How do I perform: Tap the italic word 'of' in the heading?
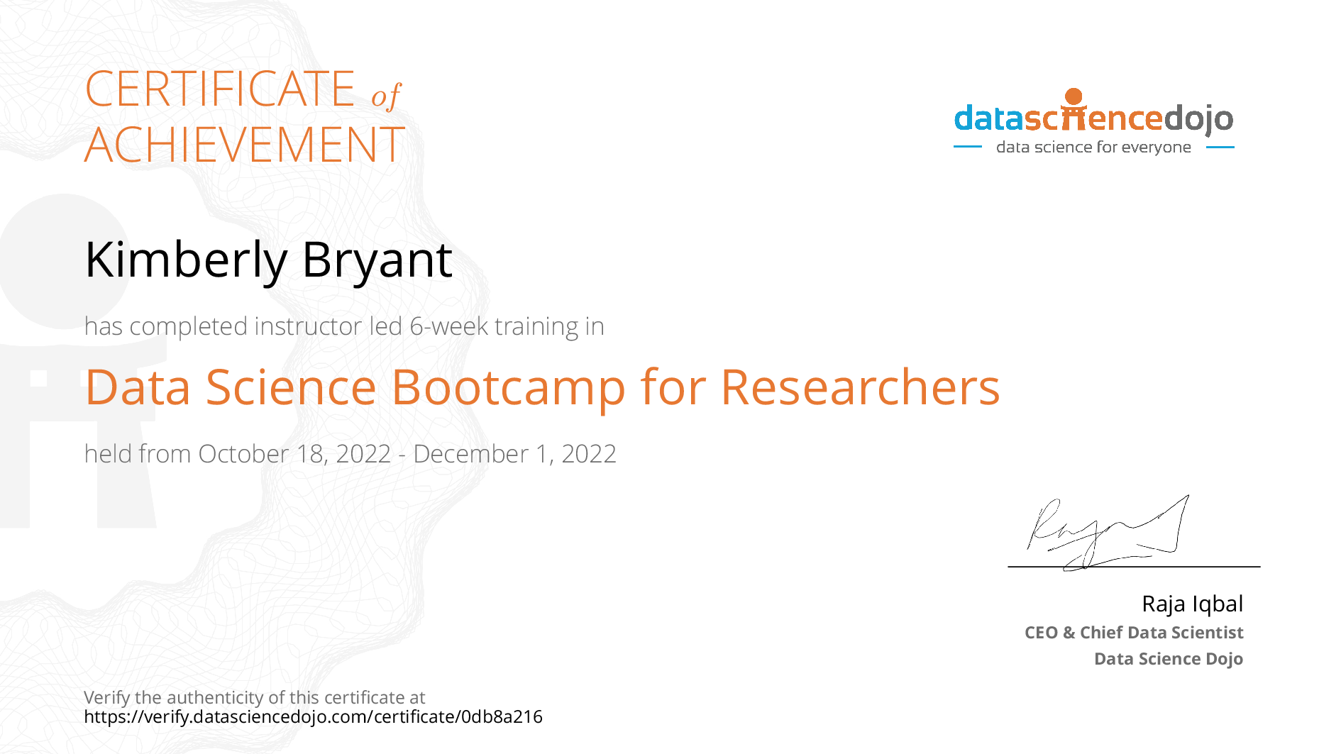387,95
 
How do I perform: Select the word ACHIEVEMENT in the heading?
245,145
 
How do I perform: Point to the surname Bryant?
377,260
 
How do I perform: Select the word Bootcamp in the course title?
508,388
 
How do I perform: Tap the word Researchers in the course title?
860,387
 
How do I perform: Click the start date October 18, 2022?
294,454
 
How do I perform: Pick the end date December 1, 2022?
514,454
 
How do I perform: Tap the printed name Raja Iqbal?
1193,604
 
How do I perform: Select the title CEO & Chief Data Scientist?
1134,633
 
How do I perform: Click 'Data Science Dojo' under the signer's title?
1169,659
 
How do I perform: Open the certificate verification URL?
313,717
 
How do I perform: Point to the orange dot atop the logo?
1074,96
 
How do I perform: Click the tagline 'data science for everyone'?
1093,147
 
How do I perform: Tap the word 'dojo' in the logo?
1198,118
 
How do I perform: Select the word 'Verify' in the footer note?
107,698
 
